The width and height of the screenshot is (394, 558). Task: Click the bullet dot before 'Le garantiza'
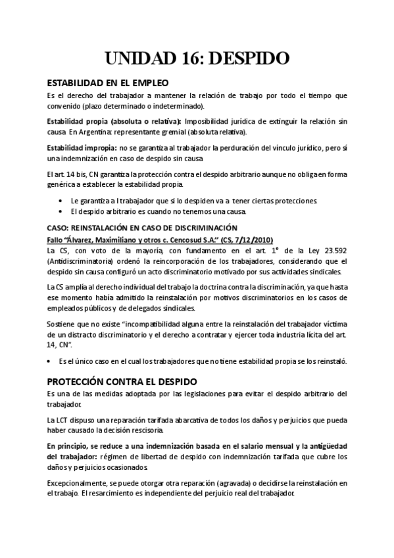pyautogui.click(x=61, y=200)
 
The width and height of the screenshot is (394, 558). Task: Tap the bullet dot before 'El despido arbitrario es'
pyautogui.click(x=61, y=211)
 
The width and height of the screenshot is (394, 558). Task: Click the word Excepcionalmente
pyautogui.click(x=82, y=482)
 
